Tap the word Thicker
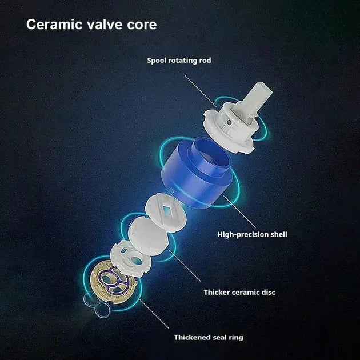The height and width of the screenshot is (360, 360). tap(218, 292)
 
